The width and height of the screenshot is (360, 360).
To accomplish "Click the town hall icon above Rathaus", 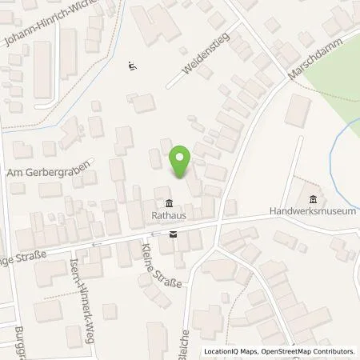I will coord(168,202).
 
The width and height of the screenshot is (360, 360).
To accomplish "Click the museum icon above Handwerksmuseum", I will coord(312,198).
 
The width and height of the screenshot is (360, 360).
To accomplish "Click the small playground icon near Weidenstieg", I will coord(131,66).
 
